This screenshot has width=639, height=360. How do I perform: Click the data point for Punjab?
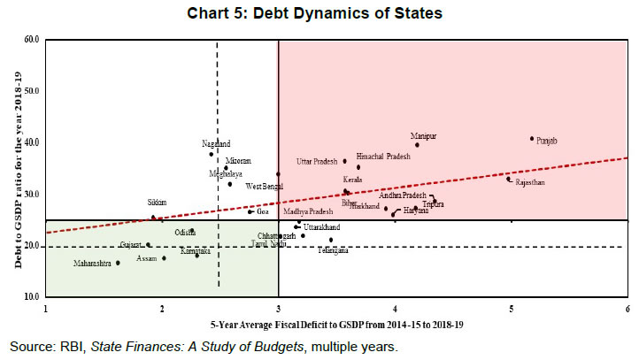pos(532,138)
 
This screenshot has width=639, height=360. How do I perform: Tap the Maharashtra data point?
pos(118,263)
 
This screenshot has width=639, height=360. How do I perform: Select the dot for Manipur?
pos(417,145)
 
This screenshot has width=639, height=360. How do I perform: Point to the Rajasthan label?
pos(530,182)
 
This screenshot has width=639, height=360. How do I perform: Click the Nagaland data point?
pos(211,154)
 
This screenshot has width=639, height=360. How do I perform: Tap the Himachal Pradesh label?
pos(383,157)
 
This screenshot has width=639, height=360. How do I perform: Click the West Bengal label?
pos(265,187)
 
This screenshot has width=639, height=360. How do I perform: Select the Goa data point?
pos(250,211)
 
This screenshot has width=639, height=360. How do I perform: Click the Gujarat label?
pos(131,245)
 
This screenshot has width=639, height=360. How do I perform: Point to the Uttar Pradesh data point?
pos(345,161)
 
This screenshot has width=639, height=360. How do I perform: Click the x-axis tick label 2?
pos(161,307)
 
